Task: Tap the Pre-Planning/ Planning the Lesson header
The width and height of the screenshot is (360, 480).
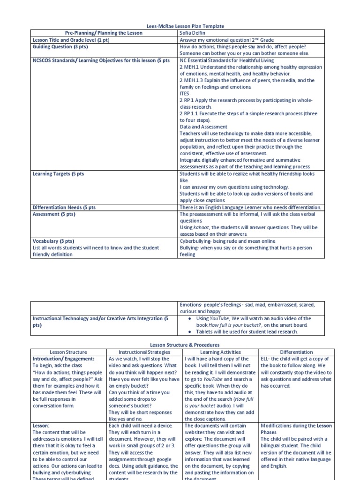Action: pos(104,34)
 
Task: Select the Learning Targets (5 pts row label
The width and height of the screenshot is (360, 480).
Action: pos(58,174)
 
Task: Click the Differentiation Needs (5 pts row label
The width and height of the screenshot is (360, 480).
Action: pos(64,207)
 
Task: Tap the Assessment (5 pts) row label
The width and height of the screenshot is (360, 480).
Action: pos(54,214)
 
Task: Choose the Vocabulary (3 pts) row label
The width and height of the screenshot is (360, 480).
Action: pos(53,241)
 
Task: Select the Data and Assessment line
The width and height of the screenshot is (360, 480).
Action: pos(203,127)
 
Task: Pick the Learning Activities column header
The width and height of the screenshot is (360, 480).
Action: pos(220,352)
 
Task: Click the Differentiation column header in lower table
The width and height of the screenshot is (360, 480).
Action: pos(296,352)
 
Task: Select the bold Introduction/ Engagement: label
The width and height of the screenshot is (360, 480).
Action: pos(63,359)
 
